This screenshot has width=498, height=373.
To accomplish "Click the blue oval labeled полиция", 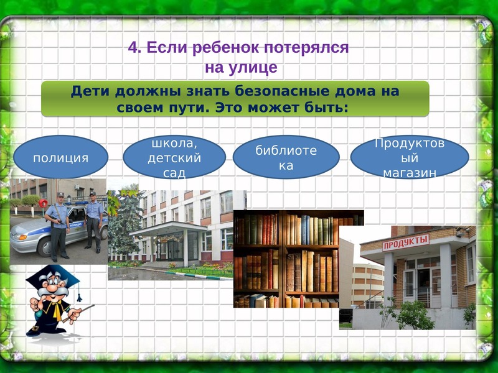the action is coord(60,157).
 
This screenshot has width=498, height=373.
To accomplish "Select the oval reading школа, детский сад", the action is coord(174,157).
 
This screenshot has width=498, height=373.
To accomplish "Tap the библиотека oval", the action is coord(286,157).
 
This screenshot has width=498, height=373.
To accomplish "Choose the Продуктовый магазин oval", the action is coord(410,157).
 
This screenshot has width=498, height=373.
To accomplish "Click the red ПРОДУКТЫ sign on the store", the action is coord(406,242).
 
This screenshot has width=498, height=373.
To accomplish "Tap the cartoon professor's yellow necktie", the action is coord(57,311).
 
